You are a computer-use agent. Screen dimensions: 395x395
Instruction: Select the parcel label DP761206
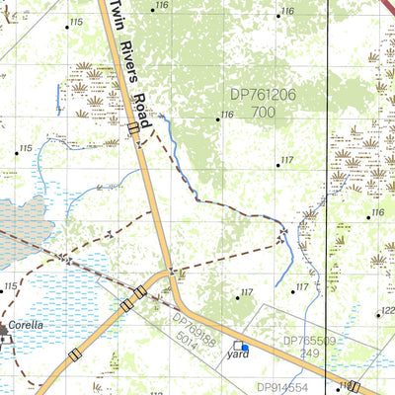point(262,95)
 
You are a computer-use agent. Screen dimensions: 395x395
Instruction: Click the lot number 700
point(263,113)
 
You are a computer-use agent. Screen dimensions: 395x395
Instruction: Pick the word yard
point(237,352)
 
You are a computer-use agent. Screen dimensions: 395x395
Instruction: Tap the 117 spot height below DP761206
point(286,160)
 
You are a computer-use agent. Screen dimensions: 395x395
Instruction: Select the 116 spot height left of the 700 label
point(226,115)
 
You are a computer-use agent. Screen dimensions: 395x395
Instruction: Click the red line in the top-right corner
point(388,6)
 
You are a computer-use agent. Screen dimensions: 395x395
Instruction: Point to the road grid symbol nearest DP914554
point(353,387)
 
